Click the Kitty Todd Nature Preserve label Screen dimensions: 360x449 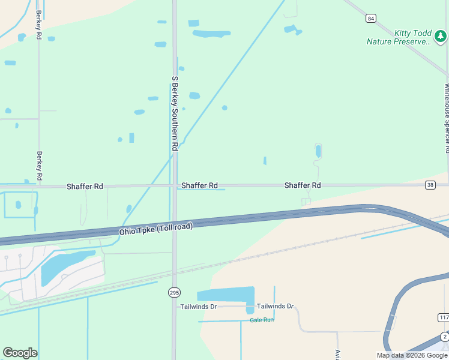[x=400, y=37]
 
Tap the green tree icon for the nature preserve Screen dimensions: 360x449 [x=441, y=37]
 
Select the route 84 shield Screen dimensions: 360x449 [x=371, y=19]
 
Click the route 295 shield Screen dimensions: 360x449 [x=174, y=292]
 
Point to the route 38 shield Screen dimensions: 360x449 [x=430, y=185]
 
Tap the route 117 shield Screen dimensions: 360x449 [x=444, y=317]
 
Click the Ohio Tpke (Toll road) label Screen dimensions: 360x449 [x=156, y=227]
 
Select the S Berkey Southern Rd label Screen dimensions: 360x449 [x=175, y=113]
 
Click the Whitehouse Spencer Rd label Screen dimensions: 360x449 [x=447, y=118]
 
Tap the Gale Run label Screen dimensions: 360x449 [x=262, y=320]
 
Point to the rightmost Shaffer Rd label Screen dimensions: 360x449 [x=303, y=185]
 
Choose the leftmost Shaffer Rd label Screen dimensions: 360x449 [x=85, y=187]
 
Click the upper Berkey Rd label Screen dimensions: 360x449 [x=38, y=25]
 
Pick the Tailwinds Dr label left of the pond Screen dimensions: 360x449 [x=199, y=307]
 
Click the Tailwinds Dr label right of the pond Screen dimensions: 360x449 [x=275, y=306]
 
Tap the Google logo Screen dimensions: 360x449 [x=20, y=353]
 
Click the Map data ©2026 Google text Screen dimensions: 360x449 [x=412, y=355]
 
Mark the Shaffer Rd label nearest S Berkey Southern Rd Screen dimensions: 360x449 [x=199, y=185]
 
